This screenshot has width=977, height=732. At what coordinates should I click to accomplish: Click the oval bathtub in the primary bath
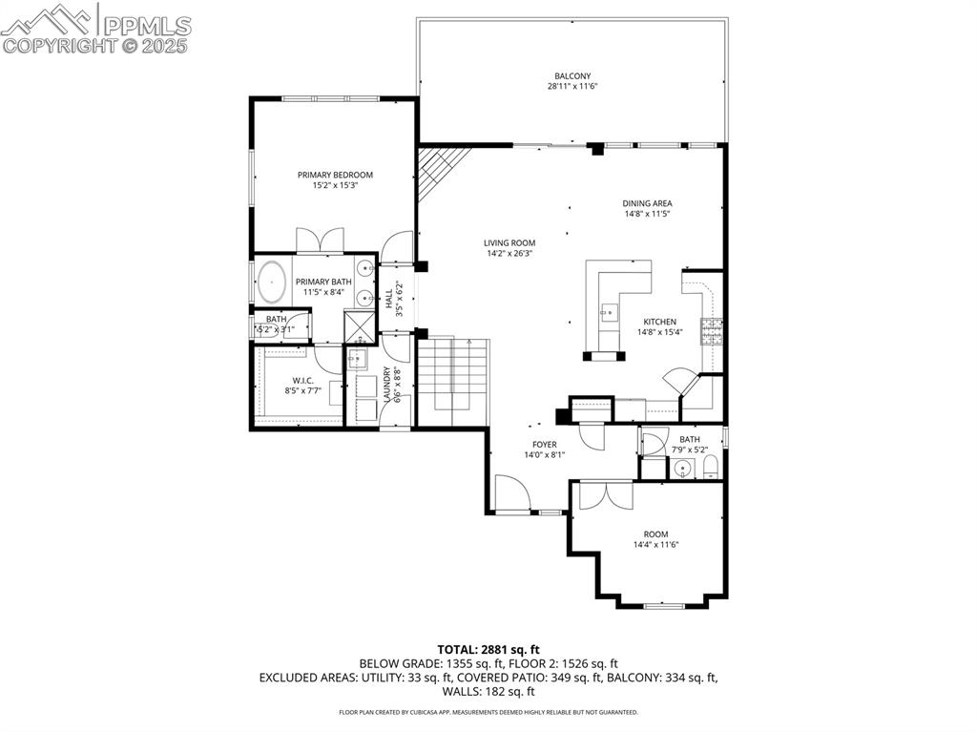(x=273, y=282)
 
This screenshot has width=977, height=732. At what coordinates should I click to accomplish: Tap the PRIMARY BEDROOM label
(x=335, y=175)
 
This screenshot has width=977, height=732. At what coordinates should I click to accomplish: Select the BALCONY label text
(x=572, y=76)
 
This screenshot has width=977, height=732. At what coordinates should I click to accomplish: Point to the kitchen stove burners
(x=712, y=331)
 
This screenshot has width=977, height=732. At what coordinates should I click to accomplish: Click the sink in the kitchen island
(x=607, y=311)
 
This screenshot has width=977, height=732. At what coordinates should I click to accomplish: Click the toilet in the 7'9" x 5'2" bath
(x=710, y=468)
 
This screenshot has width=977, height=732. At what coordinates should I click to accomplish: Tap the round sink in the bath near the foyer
(x=681, y=469)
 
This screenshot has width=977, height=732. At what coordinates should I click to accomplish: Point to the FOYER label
(x=544, y=445)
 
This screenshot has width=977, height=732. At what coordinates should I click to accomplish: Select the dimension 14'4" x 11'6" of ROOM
(x=655, y=545)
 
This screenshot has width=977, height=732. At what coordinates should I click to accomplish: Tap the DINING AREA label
(x=648, y=203)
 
